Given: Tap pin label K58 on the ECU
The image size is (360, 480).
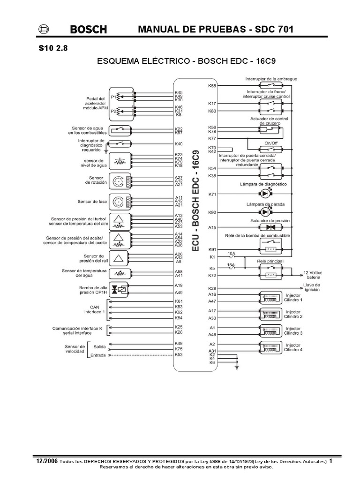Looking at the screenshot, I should pyautogui.click(x=212, y=86).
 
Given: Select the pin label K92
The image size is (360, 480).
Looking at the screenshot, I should pyautogui.click(x=212, y=212).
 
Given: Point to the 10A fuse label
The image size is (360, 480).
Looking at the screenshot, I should pyautogui.click(x=231, y=254).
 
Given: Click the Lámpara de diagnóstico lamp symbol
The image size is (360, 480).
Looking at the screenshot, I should pyautogui.click(x=266, y=194).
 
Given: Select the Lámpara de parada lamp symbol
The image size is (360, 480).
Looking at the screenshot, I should pyautogui.click(x=266, y=212).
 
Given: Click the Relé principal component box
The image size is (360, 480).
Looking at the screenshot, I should pyautogui.click(x=270, y=271).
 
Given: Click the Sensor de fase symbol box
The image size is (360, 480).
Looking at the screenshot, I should pyautogui.click(x=121, y=202).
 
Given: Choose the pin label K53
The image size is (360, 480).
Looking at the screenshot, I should pyautogui.click(x=178, y=355).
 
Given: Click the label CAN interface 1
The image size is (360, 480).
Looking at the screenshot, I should pyautogui.click(x=94, y=309).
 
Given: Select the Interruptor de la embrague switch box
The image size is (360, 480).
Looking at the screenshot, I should pyautogui.click(x=270, y=86).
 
